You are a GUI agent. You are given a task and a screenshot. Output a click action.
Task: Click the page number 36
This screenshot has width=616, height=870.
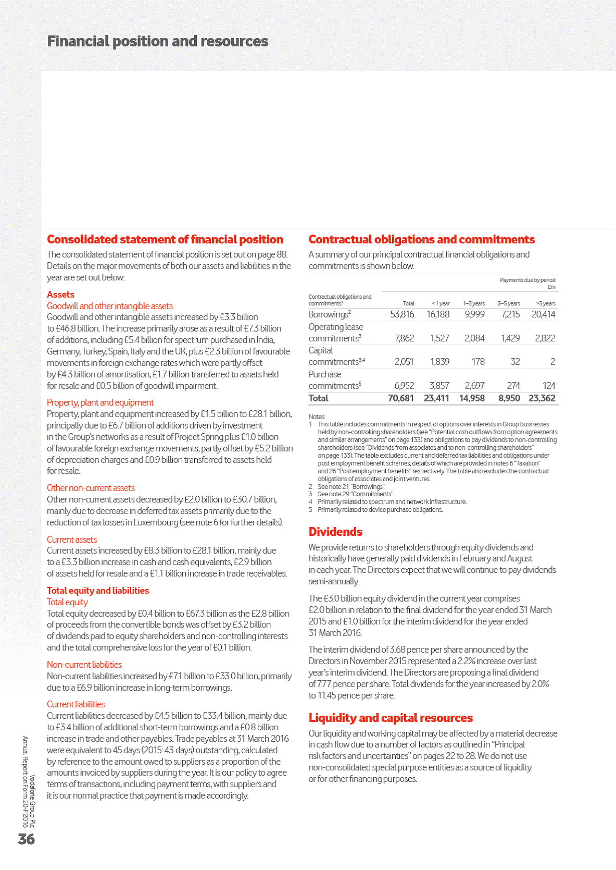27,839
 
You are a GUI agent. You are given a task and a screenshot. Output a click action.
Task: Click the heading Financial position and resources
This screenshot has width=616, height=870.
158,42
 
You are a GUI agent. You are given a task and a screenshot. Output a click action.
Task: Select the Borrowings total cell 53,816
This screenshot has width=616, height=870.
402,314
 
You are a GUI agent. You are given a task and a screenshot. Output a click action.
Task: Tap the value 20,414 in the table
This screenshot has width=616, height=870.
543,314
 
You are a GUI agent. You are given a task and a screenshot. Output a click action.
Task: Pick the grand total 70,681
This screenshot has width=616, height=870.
400,398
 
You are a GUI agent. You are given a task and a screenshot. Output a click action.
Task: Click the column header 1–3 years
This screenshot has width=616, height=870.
473,303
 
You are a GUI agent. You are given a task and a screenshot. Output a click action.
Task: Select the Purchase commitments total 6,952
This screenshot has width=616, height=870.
404,386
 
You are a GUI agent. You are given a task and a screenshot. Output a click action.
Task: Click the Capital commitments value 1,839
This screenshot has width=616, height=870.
439,362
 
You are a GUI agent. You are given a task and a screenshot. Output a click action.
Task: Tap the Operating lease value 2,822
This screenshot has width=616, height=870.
545,338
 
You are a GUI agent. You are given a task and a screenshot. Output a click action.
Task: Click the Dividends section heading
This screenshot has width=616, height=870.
335,532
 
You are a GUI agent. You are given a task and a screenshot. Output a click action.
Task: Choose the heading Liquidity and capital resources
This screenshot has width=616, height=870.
391,718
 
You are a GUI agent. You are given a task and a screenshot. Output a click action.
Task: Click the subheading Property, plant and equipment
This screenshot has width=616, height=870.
100,402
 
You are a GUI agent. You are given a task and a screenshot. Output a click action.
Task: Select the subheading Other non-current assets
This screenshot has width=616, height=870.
91,488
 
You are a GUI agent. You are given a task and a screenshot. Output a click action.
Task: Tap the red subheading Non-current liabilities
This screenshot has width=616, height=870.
84,665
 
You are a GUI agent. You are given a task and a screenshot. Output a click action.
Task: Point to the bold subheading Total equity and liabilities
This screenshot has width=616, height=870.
98,591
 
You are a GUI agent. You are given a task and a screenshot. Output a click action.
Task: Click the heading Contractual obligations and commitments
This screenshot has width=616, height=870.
421,239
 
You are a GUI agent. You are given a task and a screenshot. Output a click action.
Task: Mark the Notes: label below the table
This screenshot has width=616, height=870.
317,416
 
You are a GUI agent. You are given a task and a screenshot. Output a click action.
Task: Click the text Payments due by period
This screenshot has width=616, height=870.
527,280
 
